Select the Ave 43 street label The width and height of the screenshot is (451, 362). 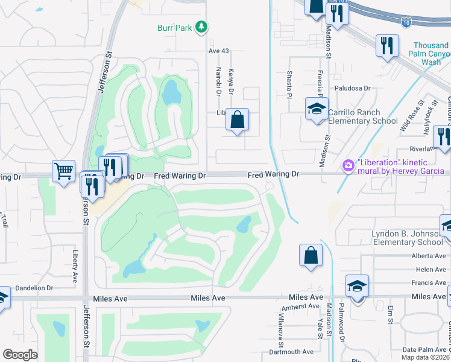tap(218, 51)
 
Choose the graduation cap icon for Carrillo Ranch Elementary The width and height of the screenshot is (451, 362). tap(316, 109)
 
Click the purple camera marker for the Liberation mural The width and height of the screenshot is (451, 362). tap(348, 165)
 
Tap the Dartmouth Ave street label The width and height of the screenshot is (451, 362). tap(291, 352)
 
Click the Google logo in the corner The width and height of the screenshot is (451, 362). tap(20, 355)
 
